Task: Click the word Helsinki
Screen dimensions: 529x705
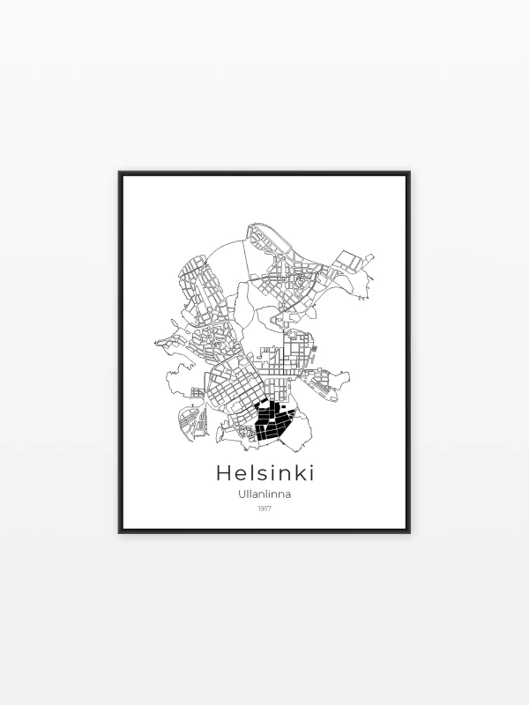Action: tap(264, 473)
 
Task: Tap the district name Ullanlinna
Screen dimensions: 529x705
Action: tap(264, 493)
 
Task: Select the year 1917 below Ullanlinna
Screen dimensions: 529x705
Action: tap(264, 508)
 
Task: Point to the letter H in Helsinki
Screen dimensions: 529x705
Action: tap(224, 473)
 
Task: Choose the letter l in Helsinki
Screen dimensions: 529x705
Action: tap(250, 473)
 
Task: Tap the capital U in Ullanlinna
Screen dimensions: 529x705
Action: tap(242, 493)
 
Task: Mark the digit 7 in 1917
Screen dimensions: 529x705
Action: tap(270, 508)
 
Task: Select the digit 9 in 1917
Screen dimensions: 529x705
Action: tap(262, 508)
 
